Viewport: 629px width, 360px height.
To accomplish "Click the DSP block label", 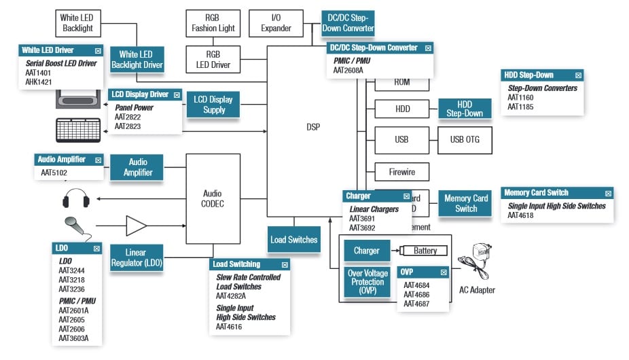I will click(x=312, y=127).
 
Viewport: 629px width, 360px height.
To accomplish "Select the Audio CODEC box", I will click(x=213, y=198).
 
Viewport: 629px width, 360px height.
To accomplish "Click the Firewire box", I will click(x=401, y=171).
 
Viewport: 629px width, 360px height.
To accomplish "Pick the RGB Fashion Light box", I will click(x=213, y=23).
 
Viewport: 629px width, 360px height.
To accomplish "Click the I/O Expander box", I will click(x=276, y=23).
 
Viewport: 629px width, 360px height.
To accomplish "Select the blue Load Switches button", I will click(x=293, y=239).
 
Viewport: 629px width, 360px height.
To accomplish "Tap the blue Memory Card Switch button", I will click(x=466, y=204).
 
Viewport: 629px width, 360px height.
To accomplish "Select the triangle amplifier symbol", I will click(x=136, y=226).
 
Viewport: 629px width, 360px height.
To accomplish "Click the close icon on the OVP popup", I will click(x=443, y=272).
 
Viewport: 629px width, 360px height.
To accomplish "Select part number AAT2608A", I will click(x=348, y=70).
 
